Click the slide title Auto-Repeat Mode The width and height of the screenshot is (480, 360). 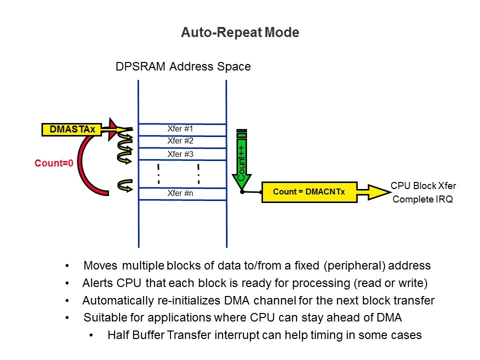240,33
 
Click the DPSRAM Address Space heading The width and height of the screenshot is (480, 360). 182,66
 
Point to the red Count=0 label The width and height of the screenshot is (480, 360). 51,163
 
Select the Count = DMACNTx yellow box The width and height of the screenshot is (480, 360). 308,191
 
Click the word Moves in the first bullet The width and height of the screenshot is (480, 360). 100,265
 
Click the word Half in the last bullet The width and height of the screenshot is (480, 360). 117,335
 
